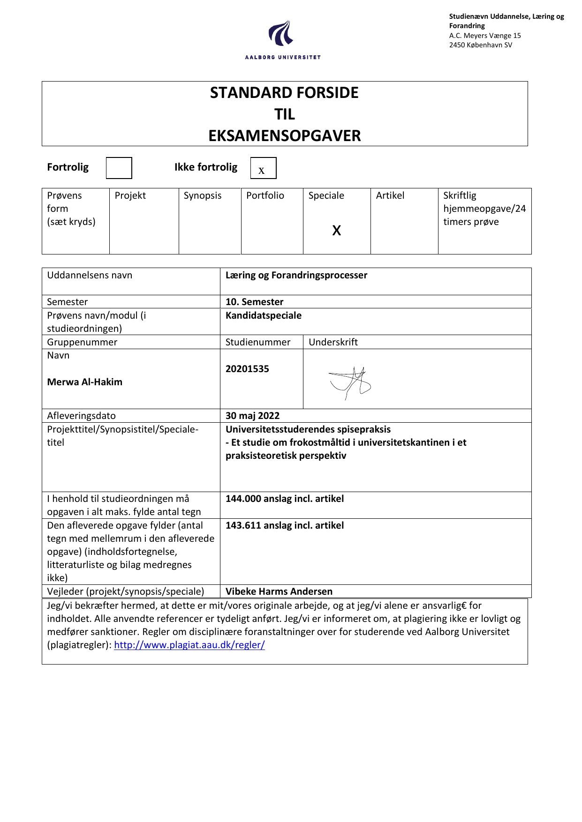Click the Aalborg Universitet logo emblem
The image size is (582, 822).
coord(281,33)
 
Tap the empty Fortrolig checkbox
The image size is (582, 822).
coord(119,168)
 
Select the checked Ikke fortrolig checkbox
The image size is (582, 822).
coord(263,168)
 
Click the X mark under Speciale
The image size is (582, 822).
coord(336,230)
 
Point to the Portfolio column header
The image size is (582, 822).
coord(265,195)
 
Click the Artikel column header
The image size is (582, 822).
coord(390,195)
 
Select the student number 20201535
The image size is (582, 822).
coord(247,369)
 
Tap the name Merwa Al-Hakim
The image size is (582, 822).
coord(84,382)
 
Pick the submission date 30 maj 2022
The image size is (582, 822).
coord(252,416)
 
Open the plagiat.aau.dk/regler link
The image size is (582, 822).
coord(189,645)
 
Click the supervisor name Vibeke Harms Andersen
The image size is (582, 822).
coord(279,591)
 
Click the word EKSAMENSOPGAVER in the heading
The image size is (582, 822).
coord(284,136)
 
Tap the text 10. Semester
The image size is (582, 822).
coord(254,302)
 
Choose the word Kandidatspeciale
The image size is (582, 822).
coord(263,315)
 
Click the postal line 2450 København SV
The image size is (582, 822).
coord(480,45)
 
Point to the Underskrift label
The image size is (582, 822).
coord(333,342)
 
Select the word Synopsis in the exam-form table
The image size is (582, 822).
coord(202,195)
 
